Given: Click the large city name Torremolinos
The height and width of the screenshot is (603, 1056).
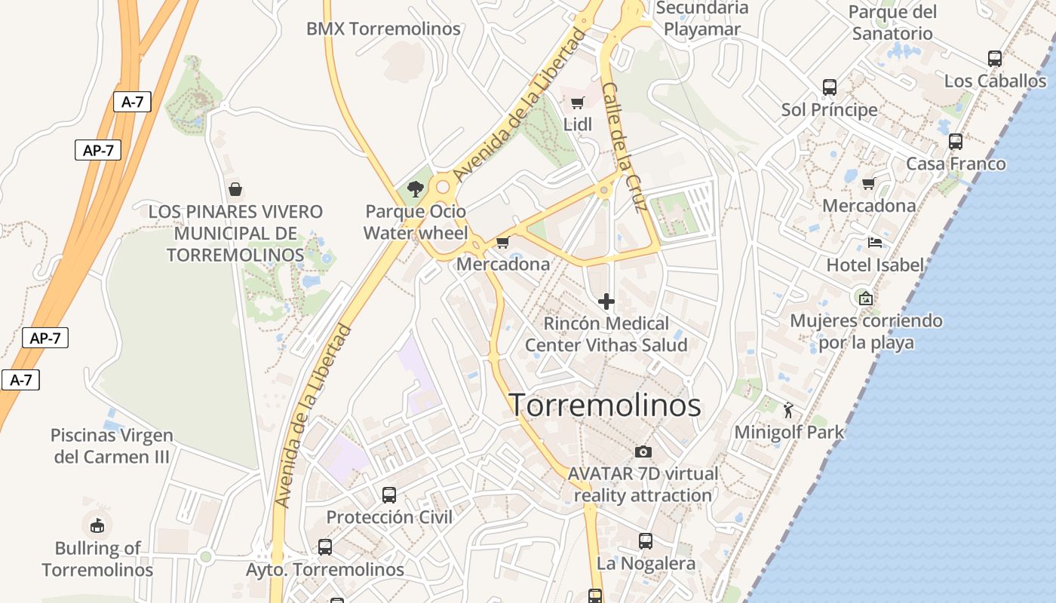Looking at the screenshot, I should [605, 406].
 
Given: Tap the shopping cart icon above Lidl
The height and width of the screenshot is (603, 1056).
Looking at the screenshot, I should [578, 103].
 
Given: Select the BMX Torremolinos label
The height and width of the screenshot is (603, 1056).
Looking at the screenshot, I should [383, 29].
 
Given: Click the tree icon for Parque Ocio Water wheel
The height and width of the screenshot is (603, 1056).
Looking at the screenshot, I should [415, 188].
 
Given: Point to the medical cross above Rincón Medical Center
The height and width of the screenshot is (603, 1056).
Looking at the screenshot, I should [606, 302].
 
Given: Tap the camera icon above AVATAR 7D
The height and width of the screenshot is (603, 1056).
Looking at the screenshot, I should [643, 451].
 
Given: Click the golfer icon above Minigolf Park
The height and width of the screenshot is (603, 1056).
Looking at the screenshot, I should [789, 410].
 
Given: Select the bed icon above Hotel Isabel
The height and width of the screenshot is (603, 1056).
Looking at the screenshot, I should [875, 243].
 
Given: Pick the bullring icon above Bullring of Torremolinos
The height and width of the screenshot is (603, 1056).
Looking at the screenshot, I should [97, 525].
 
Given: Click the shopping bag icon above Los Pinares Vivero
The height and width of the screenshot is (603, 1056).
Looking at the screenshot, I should [235, 188].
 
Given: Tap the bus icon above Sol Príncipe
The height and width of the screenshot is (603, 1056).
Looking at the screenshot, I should [830, 87].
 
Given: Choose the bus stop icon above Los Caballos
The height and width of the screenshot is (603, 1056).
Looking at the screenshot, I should [995, 59].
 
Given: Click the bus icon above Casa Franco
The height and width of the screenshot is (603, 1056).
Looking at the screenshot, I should [956, 142].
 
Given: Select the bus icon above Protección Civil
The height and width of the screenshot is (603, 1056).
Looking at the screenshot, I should [389, 495].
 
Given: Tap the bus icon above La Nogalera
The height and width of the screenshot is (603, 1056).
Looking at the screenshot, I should [646, 541].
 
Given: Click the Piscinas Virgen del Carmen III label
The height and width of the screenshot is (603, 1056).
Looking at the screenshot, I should [112, 445].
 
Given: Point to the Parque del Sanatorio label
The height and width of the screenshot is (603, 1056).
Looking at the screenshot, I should [892, 23].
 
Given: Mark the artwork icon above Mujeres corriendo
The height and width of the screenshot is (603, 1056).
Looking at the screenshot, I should [866, 298].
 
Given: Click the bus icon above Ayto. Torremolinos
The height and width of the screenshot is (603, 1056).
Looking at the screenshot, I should [325, 547].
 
